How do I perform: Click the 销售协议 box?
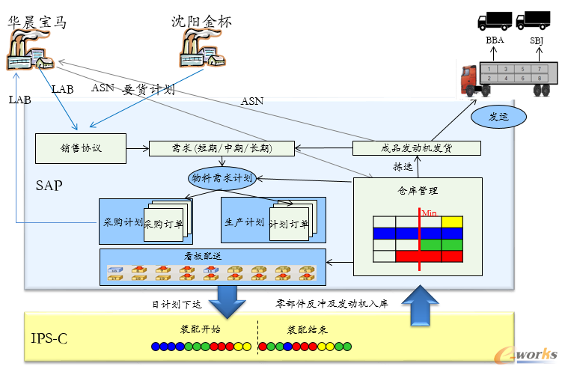(x=80, y=148)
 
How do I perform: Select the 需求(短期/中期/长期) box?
(x=221, y=148)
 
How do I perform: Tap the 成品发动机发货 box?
(x=415, y=148)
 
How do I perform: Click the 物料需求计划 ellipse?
(x=222, y=178)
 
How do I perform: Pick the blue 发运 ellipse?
(x=498, y=116)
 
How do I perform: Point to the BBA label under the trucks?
(x=495, y=40)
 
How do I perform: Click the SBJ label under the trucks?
(x=537, y=40)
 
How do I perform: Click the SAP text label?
(x=50, y=184)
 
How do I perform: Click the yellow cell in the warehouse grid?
(x=452, y=222)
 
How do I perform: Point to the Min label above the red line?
(x=430, y=213)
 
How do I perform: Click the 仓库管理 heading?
(x=418, y=191)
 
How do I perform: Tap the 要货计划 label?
(x=148, y=91)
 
